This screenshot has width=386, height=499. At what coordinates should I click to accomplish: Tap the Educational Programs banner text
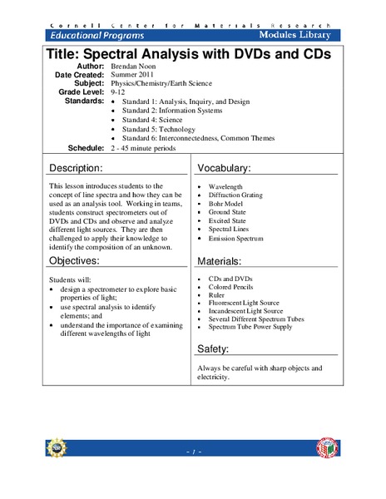coord(98,35)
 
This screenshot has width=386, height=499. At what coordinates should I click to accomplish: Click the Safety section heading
coord(218,348)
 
